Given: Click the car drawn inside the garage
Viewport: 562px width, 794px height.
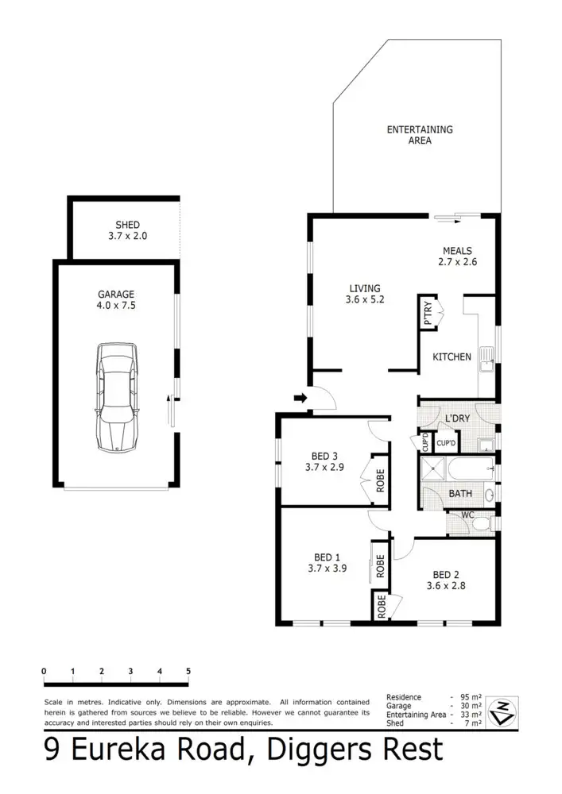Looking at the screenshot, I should pos(117,398).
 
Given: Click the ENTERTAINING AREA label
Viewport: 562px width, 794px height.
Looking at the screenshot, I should pos(419,135).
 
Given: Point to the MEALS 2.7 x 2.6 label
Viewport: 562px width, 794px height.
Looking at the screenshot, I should pos(457,256).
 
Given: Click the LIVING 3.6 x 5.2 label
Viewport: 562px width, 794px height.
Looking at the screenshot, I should pos(364,294).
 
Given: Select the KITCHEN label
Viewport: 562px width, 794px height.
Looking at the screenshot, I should pos(452,357).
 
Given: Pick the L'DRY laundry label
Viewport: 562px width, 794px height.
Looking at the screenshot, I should pos(456,418).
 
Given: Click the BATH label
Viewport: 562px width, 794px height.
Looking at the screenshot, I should pos(460,493).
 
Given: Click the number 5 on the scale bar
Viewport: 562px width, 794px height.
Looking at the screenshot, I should pos(188,672).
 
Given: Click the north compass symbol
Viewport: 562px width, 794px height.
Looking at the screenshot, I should pos(504,711).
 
